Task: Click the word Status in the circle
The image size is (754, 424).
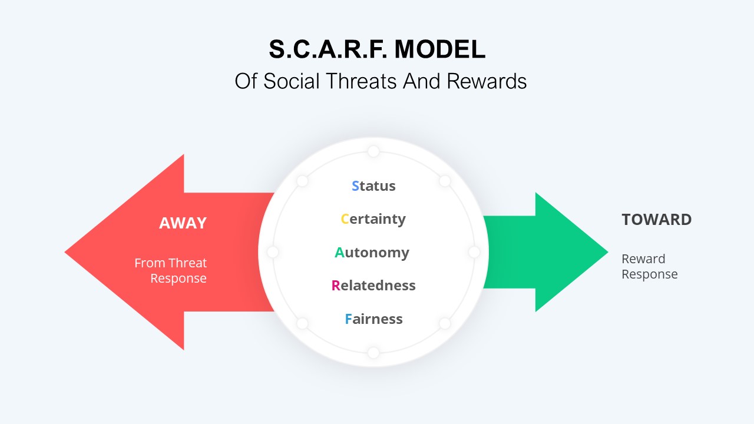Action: [373, 186]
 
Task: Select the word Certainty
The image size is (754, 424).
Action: [373, 219]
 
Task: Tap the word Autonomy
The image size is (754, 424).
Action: [372, 253]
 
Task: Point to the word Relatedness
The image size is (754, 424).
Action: [373, 286]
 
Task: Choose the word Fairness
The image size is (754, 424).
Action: [373, 319]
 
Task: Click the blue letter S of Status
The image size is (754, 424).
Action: [355, 186]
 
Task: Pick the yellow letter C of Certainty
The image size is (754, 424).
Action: [345, 219]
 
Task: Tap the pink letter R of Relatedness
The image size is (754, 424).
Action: [335, 286]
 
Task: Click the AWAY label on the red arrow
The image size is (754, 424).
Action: [183, 223]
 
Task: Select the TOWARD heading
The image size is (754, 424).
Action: [656, 220]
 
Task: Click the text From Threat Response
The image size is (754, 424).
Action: [171, 270]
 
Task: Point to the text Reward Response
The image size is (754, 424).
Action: [649, 266]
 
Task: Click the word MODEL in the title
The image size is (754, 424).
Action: [440, 50]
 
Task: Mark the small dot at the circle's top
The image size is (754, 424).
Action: [373, 151]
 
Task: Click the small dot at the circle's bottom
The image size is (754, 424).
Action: [373, 353]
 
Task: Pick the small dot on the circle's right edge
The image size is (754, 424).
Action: [474, 252]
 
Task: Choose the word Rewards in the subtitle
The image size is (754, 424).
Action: [487, 81]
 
